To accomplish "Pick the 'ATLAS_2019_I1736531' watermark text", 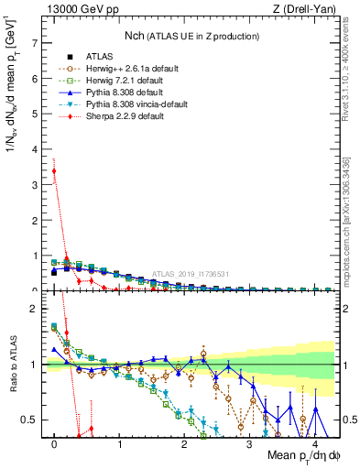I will coord(190,274).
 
